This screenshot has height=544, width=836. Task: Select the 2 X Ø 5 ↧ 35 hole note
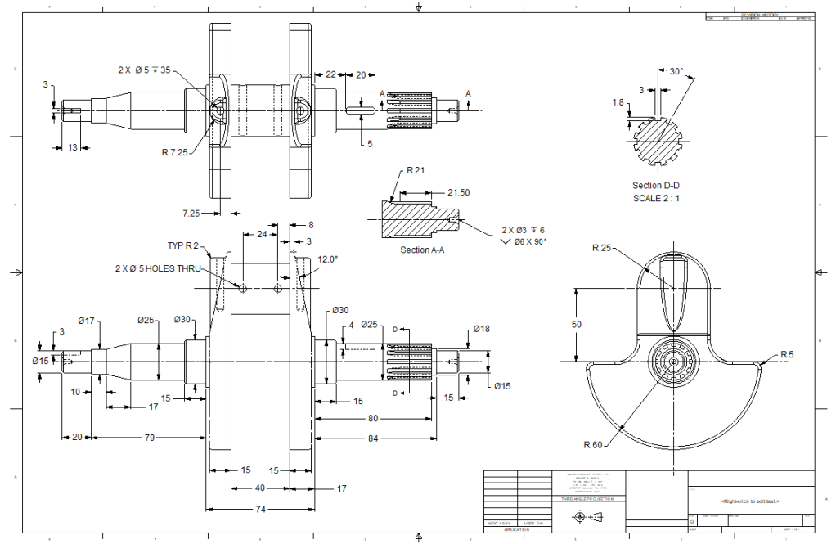point(144,70)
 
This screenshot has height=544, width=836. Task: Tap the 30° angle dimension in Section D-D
point(676,72)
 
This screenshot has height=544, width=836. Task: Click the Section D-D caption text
point(656,186)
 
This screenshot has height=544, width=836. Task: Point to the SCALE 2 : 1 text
point(656,198)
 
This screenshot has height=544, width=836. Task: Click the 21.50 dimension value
point(459,192)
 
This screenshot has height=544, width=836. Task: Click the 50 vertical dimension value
point(578,326)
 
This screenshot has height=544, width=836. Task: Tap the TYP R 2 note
point(182,245)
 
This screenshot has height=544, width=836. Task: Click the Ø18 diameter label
point(481,329)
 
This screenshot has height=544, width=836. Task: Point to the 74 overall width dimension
point(259,509)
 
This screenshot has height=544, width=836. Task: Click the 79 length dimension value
point(150,438)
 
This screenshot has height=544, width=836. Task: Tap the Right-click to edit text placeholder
point(750,501)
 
